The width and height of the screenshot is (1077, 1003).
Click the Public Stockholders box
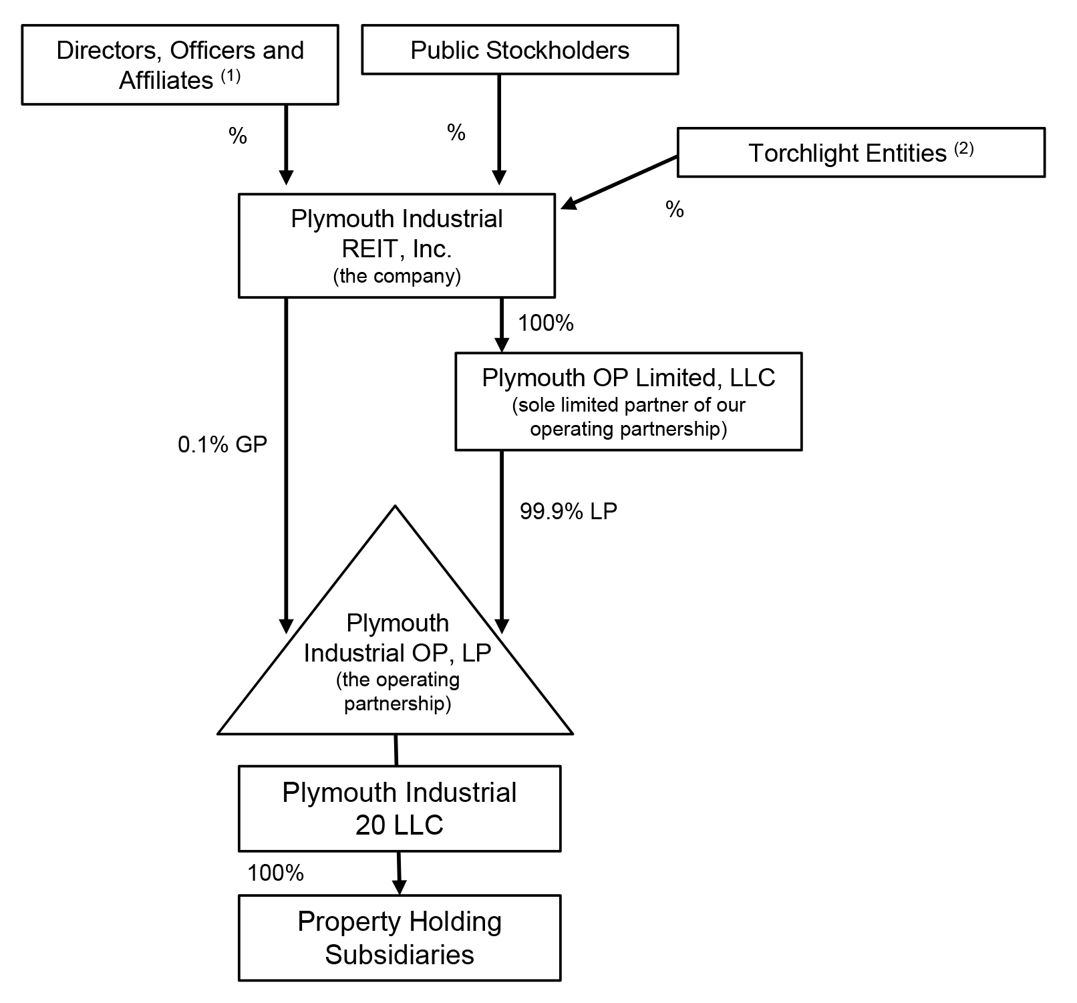pos(520,49)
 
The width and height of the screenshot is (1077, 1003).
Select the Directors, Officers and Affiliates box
pos(180,65)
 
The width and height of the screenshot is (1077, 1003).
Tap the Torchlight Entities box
pos(861,153)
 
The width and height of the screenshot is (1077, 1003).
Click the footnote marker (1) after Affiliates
pos(230,76)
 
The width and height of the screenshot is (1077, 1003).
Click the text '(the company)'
pos(397,276)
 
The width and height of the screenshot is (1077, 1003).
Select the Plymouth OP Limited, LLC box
pos(628,401)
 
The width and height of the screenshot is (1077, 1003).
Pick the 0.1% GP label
pos(222,444)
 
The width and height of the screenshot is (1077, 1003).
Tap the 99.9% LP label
pos(569,511)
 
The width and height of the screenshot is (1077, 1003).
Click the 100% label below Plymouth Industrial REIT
pos(546,323)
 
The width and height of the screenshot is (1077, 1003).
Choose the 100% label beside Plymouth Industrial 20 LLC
pos(276,873)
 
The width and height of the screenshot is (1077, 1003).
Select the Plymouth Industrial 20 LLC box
pos(400,808)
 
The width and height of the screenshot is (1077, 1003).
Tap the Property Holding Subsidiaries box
pos(400,938)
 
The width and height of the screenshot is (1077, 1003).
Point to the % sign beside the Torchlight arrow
pos(675,210)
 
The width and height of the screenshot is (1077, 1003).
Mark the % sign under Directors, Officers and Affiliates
pos(238,136)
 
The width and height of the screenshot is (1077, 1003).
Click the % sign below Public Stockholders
pos(456,133)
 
